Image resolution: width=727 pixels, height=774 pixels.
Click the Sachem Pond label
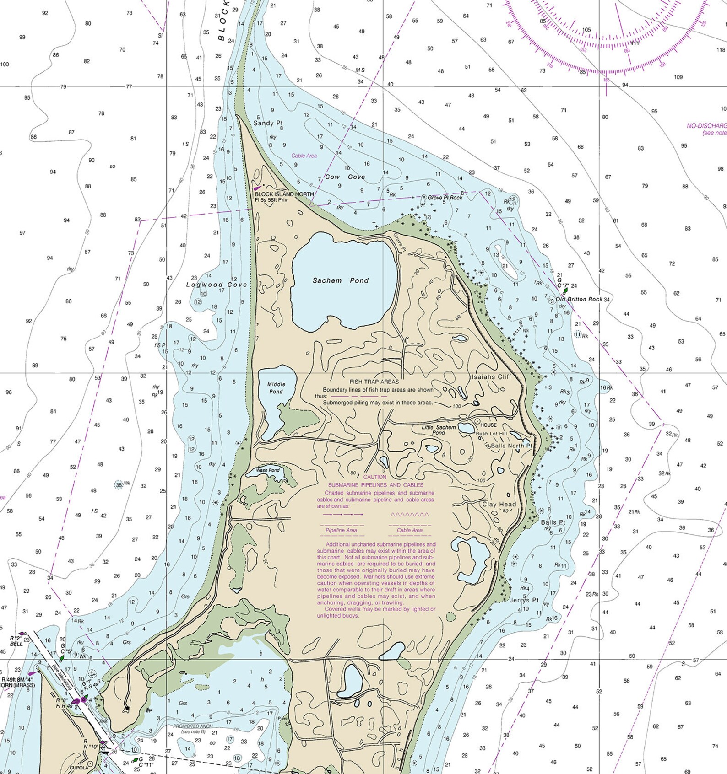(340, 280)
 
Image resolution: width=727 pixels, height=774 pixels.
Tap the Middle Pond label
(276, 388)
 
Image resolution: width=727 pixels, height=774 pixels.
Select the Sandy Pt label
(268, 123)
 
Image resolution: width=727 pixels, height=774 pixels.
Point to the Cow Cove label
(345, 177)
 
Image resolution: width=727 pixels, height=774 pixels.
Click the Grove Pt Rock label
(445, 198)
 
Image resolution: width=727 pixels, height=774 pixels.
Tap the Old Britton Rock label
(579, 299)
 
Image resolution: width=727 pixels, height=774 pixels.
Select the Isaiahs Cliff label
(491, 377)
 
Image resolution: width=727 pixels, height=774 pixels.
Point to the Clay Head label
(499, 504)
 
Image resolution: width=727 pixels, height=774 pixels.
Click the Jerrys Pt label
(524, 600)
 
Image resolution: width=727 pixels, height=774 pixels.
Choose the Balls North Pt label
(511, 446)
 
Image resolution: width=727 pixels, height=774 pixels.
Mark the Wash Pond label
(267, 470)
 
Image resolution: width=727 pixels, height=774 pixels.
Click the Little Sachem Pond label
(439, 430)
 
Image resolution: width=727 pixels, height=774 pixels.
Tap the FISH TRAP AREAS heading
(374, 382)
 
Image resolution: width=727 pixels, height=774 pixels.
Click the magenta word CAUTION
(375, 477)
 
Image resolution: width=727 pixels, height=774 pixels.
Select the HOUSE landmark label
(488, 425)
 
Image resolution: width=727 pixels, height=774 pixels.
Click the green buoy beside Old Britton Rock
(565, 290)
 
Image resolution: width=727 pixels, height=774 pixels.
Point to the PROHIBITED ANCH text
(193, 726)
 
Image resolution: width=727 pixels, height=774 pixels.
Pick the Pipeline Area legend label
(341, 530)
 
